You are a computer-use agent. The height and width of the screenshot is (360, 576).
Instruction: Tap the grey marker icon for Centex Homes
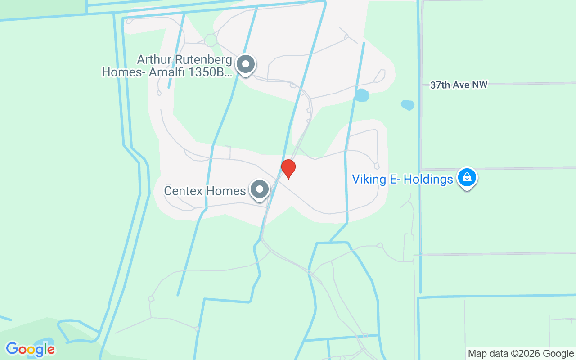(x=260, y=189)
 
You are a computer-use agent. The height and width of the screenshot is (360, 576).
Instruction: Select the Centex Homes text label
(x=205, y=191)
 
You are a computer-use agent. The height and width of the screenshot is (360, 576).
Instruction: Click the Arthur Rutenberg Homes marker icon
(x=246, y=64)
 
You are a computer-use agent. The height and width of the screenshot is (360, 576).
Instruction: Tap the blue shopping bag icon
(x=467, y=178)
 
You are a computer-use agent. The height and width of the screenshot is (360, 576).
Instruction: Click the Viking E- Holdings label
(x=402, y=180)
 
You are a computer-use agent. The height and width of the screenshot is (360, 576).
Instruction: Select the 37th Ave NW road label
(x=459, y=85)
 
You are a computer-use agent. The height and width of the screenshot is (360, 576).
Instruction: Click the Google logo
(x=30, y=349)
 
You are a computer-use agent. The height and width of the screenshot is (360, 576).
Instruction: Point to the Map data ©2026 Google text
(x=520, y=354)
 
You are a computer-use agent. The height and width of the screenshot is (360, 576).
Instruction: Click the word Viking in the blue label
(x=369, y=180)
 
